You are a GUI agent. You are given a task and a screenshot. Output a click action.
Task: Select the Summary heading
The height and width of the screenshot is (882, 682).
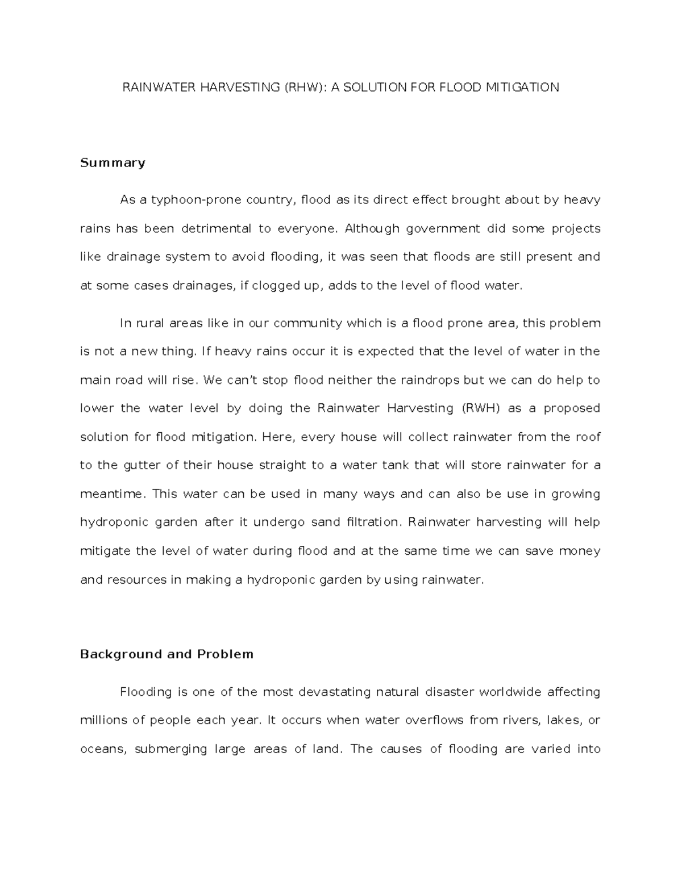[x=113, y=163]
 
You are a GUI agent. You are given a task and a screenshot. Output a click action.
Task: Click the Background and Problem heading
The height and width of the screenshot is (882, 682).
[x=167, y=654]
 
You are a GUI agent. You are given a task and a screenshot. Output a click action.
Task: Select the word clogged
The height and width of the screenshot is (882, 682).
[x=271, y=286]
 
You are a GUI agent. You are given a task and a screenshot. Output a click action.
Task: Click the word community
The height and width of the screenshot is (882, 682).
[x=307, y=323]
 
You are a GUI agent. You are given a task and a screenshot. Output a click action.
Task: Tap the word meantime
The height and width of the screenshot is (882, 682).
[x=111, y=494]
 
